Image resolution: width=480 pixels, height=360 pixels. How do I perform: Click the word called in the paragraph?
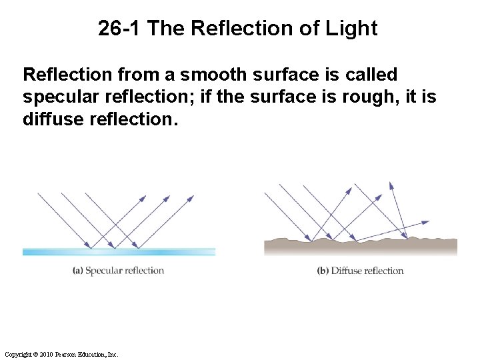tap(369, 75)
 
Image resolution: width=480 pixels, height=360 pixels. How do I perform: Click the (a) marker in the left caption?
tap(78, 271)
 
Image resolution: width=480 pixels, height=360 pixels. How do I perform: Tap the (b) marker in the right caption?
tap(323, 271)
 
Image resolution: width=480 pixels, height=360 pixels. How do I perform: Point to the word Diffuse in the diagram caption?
tap(347, 271)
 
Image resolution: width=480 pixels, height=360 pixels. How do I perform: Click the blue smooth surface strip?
tap(119, 252)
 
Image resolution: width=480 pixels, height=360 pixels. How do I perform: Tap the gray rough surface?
tap(360, 247)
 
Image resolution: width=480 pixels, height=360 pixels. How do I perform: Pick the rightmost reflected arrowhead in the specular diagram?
tap(191, 198)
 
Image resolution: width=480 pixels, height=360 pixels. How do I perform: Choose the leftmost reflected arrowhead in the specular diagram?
tap(143, 198)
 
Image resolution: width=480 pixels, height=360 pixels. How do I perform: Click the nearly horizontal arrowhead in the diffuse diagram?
tap(426, 223)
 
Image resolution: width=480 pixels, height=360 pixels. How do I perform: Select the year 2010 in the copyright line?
tap(47, 355)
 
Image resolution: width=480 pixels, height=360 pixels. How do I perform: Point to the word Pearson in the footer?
tap(69, 355)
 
